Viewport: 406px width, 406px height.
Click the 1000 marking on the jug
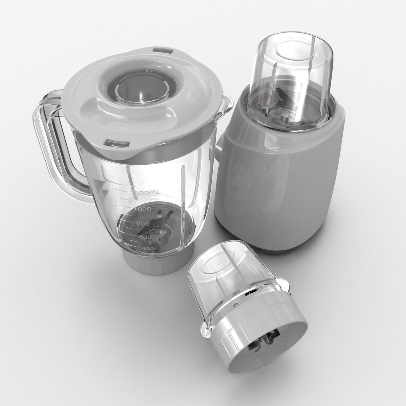tap(142, 209)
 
